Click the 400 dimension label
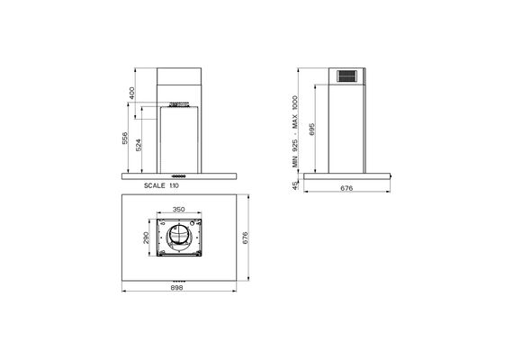coord(131,94)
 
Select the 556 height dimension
coord(125,139)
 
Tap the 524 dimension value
coord(139,145)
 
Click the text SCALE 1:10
coord(162,185)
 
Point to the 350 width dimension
coord(178,209)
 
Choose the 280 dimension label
coord(146,238)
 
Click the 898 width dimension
coord(177,288)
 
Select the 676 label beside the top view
coord(246,238)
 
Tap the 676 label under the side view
coord(346,188)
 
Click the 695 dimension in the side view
coord(311,130)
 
